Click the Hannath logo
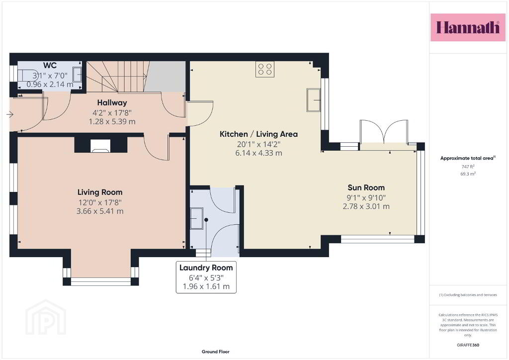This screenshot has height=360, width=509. pos(468,27)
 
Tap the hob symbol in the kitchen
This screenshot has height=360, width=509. pos(265,69)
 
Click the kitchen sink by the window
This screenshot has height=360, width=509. pos(314,99)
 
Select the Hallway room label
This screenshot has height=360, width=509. pos(112,102)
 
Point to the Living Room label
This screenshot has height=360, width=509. pos(100,192)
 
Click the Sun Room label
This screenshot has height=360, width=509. pos(366,187)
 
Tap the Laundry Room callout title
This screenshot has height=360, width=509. pos(206,268)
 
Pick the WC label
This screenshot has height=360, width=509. pos(50,66)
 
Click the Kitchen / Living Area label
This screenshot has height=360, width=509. pos(258,134)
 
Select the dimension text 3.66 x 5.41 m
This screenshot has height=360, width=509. pos(100,211)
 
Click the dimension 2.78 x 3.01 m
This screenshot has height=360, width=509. pos(366,206)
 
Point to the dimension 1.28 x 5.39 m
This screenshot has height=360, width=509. pos(112,121)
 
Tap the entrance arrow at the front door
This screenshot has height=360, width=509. pos(9,114)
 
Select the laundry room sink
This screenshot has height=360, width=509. pos(197,218)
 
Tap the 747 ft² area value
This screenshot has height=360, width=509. pos(468,167)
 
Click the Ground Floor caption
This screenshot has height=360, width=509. pos(216,352)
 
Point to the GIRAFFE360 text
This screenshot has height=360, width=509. pos(468,345)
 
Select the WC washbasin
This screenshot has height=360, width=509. pos(77,75)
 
